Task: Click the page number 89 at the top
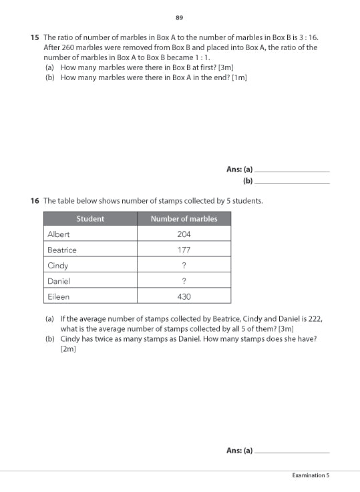point(179,17)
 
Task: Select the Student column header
point(90,219)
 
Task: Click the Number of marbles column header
point(184,219)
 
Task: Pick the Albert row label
point(59,234)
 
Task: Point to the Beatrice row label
point(62,250)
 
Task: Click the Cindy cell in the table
point(58,266)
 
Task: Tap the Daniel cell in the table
point(59,281)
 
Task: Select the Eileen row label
point(58,296)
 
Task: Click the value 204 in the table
point(184,234)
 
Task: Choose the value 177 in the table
point(184,250)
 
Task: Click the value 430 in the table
point(184,296)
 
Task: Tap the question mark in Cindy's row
point(184,266)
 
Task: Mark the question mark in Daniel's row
point(184,281)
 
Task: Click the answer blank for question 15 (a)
point(293,171)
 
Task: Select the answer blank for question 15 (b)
point(293,182)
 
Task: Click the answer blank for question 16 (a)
point(293,452)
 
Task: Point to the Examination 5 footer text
point(311,475)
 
